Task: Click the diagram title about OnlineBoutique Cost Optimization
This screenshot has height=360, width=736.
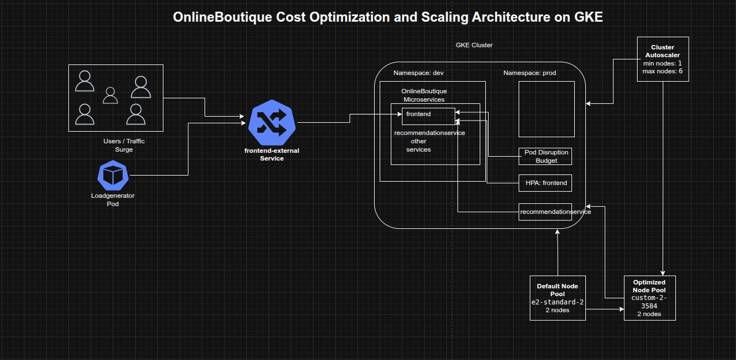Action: [387, 17]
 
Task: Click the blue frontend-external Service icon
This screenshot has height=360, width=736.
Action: [272, 123]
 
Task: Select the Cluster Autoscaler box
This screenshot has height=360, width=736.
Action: [663, 59]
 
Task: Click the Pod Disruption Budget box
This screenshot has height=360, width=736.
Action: [545, 156]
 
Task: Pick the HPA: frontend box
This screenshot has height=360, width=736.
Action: [545, 183]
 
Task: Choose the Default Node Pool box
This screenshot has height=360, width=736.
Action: [557, 298]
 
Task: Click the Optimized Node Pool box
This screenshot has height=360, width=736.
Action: [649, 298]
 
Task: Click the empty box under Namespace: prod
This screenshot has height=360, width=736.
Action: [546, 109]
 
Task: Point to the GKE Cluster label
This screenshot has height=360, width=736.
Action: [474, 45]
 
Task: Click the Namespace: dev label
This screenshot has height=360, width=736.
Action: [418, 73]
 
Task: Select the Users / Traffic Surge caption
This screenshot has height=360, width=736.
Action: [123, 146]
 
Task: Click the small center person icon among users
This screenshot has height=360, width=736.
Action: [111, 96]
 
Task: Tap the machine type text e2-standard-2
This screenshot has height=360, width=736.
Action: [557, 302]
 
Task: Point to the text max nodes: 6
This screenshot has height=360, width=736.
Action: [663, 71]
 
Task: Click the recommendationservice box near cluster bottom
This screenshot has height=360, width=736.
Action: [545, 212]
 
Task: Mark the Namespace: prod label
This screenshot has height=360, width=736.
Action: [529, 73]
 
